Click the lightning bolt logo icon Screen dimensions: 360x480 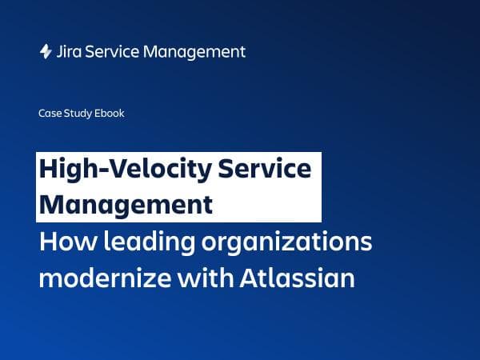[x=46, y=52]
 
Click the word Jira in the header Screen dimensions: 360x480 [x=70, y=52]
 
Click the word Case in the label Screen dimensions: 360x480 [x=49, y=114]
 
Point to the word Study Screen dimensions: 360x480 [x=78, y=114]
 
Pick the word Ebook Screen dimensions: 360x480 [x=110, y=114]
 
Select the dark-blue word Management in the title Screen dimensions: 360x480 [x=126, y=205]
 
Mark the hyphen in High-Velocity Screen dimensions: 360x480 [x=110, y=172]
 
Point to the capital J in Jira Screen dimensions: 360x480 [x=61, y=52]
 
